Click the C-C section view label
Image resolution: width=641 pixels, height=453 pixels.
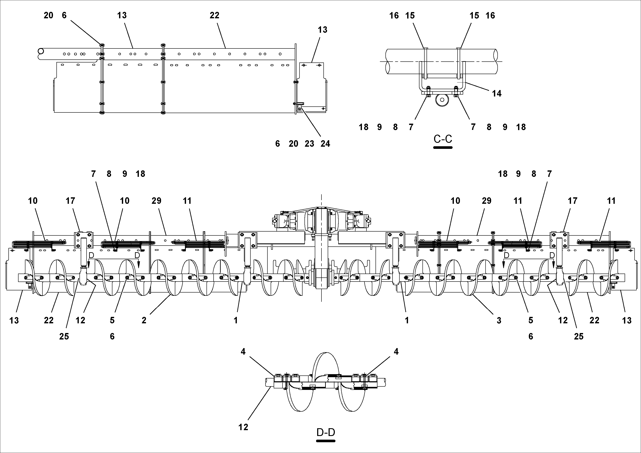click(443, 139)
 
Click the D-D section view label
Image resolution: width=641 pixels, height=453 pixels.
click(326, 432)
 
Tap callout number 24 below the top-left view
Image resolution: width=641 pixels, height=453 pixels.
click(325, 144)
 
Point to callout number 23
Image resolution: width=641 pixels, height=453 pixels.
click(309, 144)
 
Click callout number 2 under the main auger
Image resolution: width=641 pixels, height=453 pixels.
click(144, 320)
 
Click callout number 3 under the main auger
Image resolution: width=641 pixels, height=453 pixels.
click(499, 320)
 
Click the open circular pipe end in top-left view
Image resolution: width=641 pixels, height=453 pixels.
click(41, 52)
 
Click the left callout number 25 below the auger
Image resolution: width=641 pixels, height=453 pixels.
click(64, 336)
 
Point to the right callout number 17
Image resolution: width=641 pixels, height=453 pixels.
click(572, 201)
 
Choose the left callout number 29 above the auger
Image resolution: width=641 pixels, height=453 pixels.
click(156, 201)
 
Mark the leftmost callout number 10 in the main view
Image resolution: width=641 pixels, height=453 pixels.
click(33, 201)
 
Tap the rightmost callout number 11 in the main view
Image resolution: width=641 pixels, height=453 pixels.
click(611, 201)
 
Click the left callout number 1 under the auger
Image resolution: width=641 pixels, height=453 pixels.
click(236, 320)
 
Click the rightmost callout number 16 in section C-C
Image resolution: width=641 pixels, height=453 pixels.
click(490, 16)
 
